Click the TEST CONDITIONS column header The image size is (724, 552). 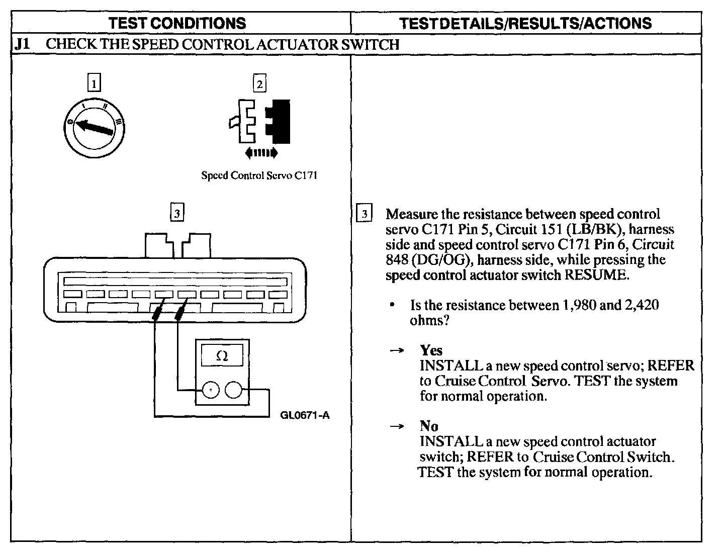177,23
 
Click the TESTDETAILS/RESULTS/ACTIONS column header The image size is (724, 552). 525,23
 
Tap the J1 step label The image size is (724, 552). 22,44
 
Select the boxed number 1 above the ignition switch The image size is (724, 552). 94,83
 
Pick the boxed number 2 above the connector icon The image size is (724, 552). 259,83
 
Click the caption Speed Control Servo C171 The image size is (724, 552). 259,175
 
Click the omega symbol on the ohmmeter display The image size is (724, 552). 222,356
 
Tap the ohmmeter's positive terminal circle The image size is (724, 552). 211,390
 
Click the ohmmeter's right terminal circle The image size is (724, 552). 234,390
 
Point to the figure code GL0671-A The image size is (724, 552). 305,415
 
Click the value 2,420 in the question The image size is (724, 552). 641,305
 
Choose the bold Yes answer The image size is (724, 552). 431,350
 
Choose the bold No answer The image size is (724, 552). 429,426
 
